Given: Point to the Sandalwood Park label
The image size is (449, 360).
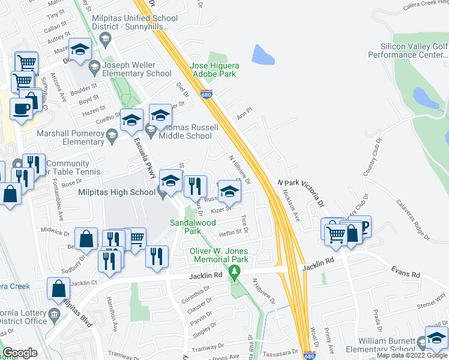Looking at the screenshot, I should click(192, 226).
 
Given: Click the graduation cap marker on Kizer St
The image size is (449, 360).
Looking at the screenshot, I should click(229, 192).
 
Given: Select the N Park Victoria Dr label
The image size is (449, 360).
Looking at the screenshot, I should click(300, 191).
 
